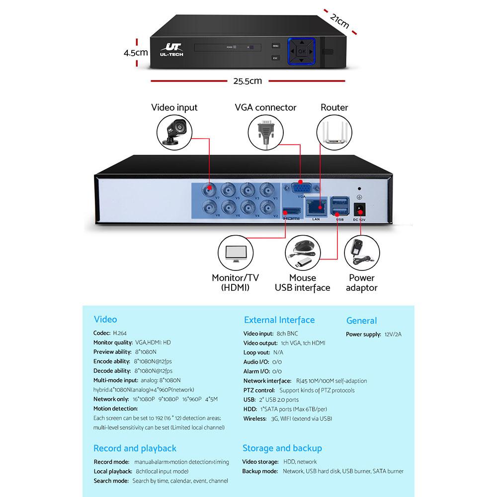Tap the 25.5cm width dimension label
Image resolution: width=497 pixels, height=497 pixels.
click(x=247, y=81)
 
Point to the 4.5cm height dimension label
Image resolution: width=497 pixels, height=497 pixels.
click(x=136, y=52)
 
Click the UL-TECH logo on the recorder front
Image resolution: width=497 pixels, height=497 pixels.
click(x=172, y=49)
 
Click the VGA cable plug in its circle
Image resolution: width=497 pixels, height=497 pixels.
click(x=265, y=131)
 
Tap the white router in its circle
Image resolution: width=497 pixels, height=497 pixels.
click(x=334, y=132)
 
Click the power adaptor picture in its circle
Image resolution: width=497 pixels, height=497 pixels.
click(x=361, y=253)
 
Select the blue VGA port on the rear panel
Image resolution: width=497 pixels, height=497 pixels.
click(x=301, y=189)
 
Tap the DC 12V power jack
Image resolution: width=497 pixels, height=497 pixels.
click(x=358, y=209)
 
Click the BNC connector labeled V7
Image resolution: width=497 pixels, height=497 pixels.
click(x=210, y=189)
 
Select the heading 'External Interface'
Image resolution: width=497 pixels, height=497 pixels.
click(x=279, y=320)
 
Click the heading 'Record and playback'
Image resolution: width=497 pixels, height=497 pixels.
click(x=135, y=448)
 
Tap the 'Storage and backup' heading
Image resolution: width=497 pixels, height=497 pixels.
click(x=282, y=448)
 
